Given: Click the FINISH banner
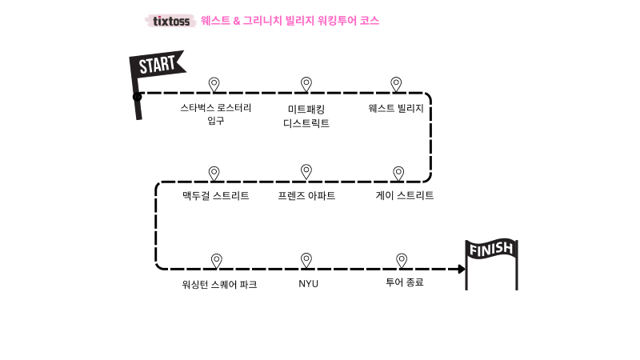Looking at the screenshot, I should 491,250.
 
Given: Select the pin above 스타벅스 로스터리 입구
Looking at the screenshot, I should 214,84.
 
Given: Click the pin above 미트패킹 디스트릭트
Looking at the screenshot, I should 306,84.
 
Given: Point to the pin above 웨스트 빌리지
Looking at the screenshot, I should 395,84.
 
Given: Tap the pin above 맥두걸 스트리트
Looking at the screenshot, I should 214,173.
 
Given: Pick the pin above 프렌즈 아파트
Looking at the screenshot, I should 306,171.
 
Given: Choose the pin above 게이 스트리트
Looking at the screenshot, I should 398,173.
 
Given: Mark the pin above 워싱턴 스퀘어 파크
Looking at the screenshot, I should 216,260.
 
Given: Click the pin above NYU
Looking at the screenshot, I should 306,259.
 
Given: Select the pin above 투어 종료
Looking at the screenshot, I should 402,260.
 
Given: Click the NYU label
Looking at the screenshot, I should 308,283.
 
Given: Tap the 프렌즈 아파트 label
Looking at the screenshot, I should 306,195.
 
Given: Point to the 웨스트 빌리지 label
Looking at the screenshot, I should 396,108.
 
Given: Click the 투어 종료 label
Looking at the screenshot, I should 404,282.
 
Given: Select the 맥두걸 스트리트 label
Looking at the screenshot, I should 215,195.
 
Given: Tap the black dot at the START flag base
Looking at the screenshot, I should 138,97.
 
